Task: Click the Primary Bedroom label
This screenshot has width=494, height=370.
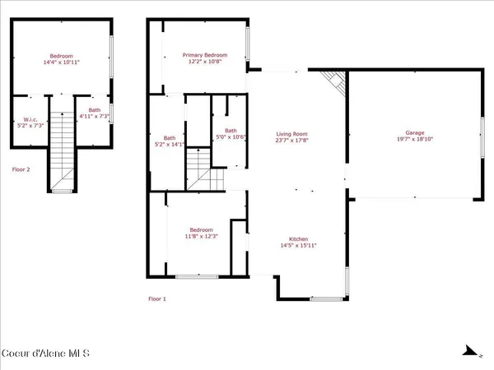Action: [204, 54]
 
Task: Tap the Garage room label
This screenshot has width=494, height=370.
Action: [413, 132]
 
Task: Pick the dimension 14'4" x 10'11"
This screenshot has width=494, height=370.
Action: [60, 62]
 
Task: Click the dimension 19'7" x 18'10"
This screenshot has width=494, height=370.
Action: [413, 140]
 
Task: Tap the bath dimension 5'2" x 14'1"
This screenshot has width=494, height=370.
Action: [170, 145]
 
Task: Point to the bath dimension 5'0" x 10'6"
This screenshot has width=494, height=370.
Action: [231, 136]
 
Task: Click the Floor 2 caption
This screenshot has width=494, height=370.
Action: [21, 169]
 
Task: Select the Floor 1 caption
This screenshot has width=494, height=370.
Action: [157, 298]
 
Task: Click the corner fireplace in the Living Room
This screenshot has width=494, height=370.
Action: [333, 81]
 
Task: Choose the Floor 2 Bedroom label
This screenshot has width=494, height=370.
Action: [60, 56]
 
